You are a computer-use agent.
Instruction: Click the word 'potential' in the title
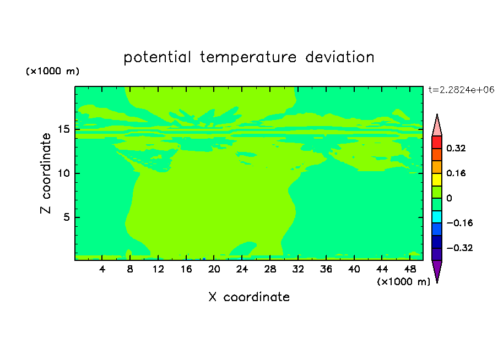click(x=157, y=58)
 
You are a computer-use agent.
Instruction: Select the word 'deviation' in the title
click(x=340, y=57)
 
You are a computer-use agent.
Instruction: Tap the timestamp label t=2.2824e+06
click(x=461, y=90)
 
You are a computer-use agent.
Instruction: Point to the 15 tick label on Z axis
click(x=64, y=129)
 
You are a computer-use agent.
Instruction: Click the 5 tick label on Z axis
click(x=67, y=217)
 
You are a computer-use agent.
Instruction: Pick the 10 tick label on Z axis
click(x=64, y=173)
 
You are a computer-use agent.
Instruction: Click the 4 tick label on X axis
click(x=102, y=269)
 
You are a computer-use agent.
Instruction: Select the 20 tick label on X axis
click(x=214, y=269)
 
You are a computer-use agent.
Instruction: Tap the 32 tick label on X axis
click(x=298, y=269)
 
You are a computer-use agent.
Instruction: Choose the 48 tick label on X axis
click(x=410, y=269)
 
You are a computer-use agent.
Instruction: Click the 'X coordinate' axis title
click(x=249, y=297)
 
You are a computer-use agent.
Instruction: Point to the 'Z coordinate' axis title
click(x=46, y=173)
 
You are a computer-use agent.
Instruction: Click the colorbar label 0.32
click(x=456, y=148)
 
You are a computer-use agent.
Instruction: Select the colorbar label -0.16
click(x=459, y=223)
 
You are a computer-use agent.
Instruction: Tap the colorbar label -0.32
click(x=459, y=248)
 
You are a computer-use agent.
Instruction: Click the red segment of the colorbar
click(x=437, y=142)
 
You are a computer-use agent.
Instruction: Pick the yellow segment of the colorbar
click(x=437, y=179)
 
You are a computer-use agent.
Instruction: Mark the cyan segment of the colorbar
click(x=437, y=217)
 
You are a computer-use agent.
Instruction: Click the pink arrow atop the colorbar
click(x=437, y=127)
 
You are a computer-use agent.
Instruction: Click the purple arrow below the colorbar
click(x=437, y=270)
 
